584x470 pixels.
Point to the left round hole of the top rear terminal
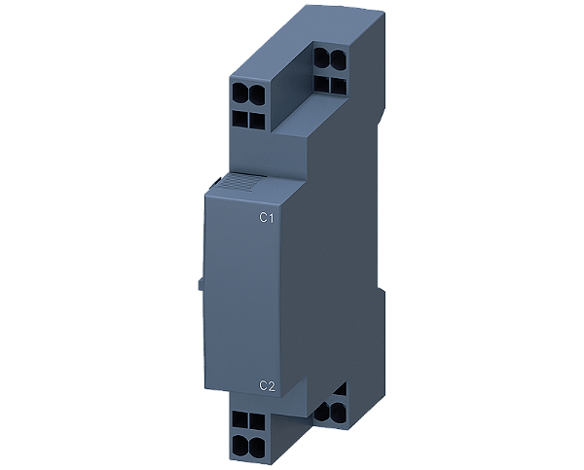coord(320,58)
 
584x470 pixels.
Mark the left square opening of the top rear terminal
coord(320,83)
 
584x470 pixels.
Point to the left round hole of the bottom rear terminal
coord(324,411)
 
